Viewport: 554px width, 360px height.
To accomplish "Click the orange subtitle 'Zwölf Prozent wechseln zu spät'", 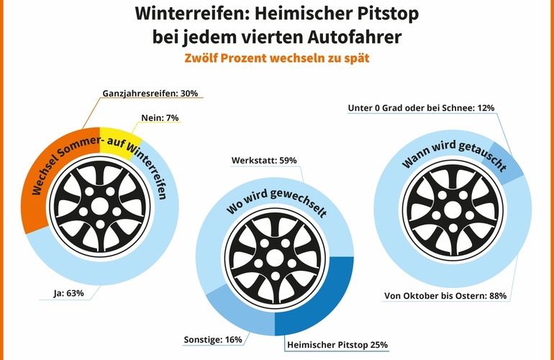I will (277, 58).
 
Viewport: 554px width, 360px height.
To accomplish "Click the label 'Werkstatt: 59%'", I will (263, 160).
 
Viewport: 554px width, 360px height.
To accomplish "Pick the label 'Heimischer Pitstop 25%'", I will (336, 345).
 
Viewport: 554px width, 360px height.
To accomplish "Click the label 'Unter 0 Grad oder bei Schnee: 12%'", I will (420, 108).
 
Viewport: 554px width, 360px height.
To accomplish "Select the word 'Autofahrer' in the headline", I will (360, 36).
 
